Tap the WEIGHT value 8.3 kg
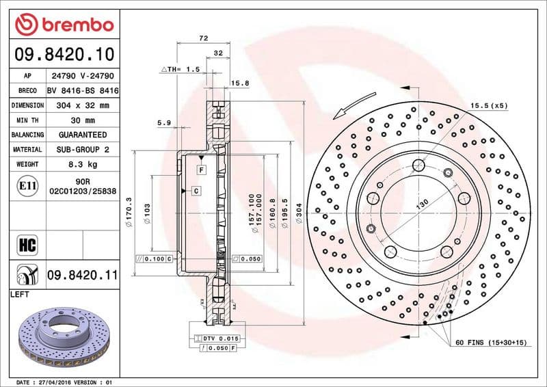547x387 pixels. coord(83,165)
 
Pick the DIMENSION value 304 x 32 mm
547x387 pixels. coord(83,106)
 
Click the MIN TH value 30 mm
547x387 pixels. coord(83,120)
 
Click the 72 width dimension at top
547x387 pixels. coord(203,39)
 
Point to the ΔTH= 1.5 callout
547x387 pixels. coord(181,70)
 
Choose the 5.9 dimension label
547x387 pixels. coord(163,122)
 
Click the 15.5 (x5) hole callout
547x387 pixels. coord(489,106)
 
